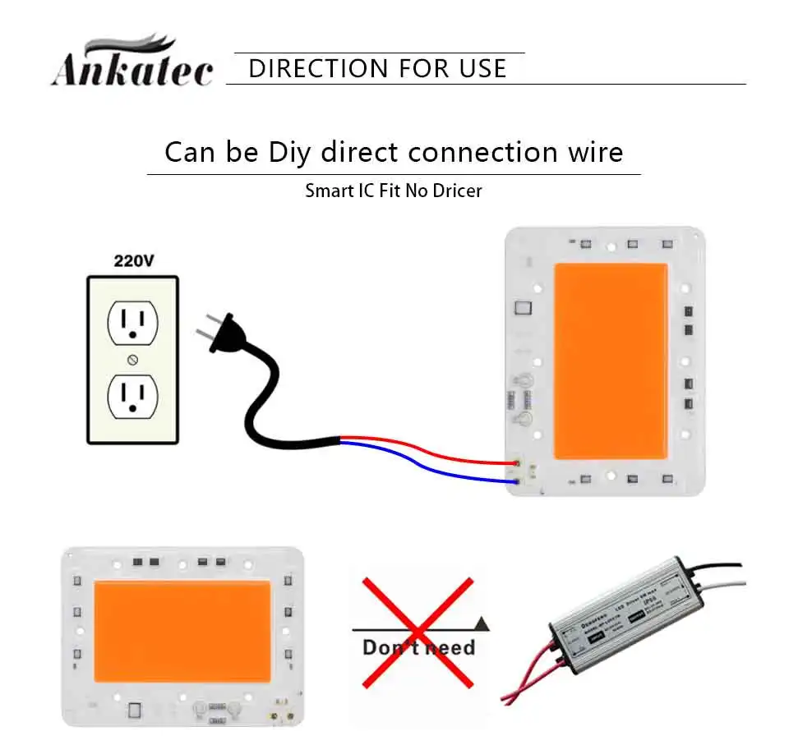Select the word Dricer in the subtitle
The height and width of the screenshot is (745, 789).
pyautogui.click(x=454, y=191)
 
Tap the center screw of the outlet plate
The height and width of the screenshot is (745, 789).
pyautogui.click(x=133, y=360)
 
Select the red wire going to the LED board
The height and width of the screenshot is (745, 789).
pyautogui.click(x=427, y=450)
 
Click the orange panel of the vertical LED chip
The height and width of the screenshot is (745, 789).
pyautogui.click(x=610, y=361)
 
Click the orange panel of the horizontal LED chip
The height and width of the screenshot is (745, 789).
pyautogui.click(x=182, y=631)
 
